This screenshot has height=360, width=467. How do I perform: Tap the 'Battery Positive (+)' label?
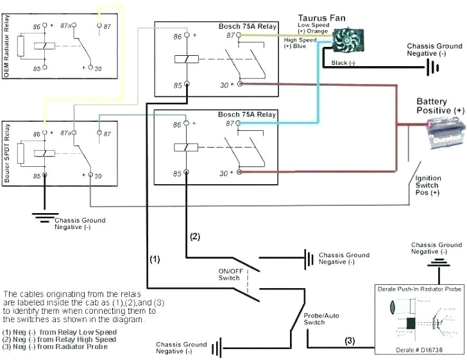[x=440, y=106]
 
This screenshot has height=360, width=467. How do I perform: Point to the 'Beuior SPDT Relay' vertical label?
[x=7, y=151]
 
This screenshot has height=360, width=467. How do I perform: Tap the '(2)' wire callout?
[x=195, y=236]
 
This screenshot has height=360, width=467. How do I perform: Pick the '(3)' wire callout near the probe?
[x=350, y=339]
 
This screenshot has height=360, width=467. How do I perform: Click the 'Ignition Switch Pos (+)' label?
[x=427, y=185]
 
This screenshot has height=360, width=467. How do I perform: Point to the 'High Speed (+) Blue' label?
[x=300, y=44]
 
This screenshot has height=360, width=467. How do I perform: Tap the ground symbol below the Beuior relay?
[x=44, y=217]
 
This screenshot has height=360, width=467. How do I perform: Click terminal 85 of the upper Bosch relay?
[x=187, y=84]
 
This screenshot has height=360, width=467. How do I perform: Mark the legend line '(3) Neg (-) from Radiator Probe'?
[x=55, y=347]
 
